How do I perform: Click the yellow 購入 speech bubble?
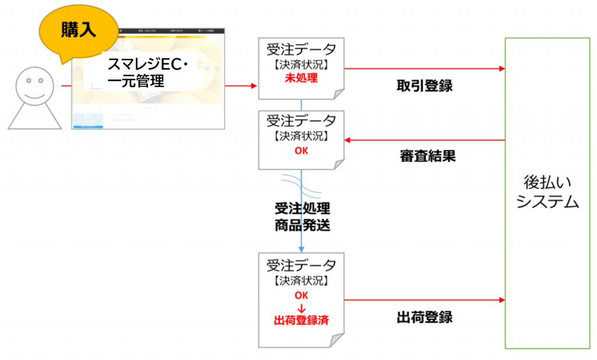click(78, 32)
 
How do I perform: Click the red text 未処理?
click(301, 78)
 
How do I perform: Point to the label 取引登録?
click(424, 86)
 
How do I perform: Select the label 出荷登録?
click(424, 317)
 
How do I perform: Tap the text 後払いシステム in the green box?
click(547, 192)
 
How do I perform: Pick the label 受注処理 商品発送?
click(302, 217)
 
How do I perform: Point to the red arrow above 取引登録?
click(424, 69)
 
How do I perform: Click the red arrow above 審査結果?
click(424, 140)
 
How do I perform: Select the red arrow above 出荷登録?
click(424, 301)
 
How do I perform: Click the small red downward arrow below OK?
click(301, 308)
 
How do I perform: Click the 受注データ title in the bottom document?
click(301, 265)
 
